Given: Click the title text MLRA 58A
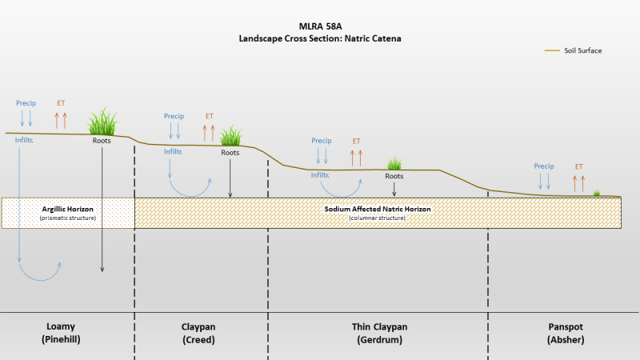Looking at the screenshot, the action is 321,26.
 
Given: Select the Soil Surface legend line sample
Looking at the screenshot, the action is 552,50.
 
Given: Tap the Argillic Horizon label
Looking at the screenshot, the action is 68,209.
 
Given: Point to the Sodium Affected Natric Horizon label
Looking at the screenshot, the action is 378,209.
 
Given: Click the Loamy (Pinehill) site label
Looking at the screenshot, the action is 61,333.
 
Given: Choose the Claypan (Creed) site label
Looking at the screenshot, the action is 198,333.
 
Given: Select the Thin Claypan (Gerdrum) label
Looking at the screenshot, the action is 379,333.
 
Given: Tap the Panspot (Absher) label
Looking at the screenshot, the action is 566,333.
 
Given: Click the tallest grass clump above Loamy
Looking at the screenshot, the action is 102,122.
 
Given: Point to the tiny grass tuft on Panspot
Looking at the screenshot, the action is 597,193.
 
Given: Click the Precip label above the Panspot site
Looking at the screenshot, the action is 544,166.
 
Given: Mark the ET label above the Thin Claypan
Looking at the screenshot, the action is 356,141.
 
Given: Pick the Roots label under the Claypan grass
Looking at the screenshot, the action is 230,153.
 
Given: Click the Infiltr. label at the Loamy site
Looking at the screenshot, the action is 24,140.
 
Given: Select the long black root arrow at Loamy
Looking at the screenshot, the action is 102,210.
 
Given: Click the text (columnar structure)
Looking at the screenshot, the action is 377,218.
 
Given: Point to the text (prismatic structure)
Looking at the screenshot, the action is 68,218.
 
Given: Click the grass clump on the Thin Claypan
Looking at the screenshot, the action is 394,163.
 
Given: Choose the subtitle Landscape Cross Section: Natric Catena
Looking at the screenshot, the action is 320,38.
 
